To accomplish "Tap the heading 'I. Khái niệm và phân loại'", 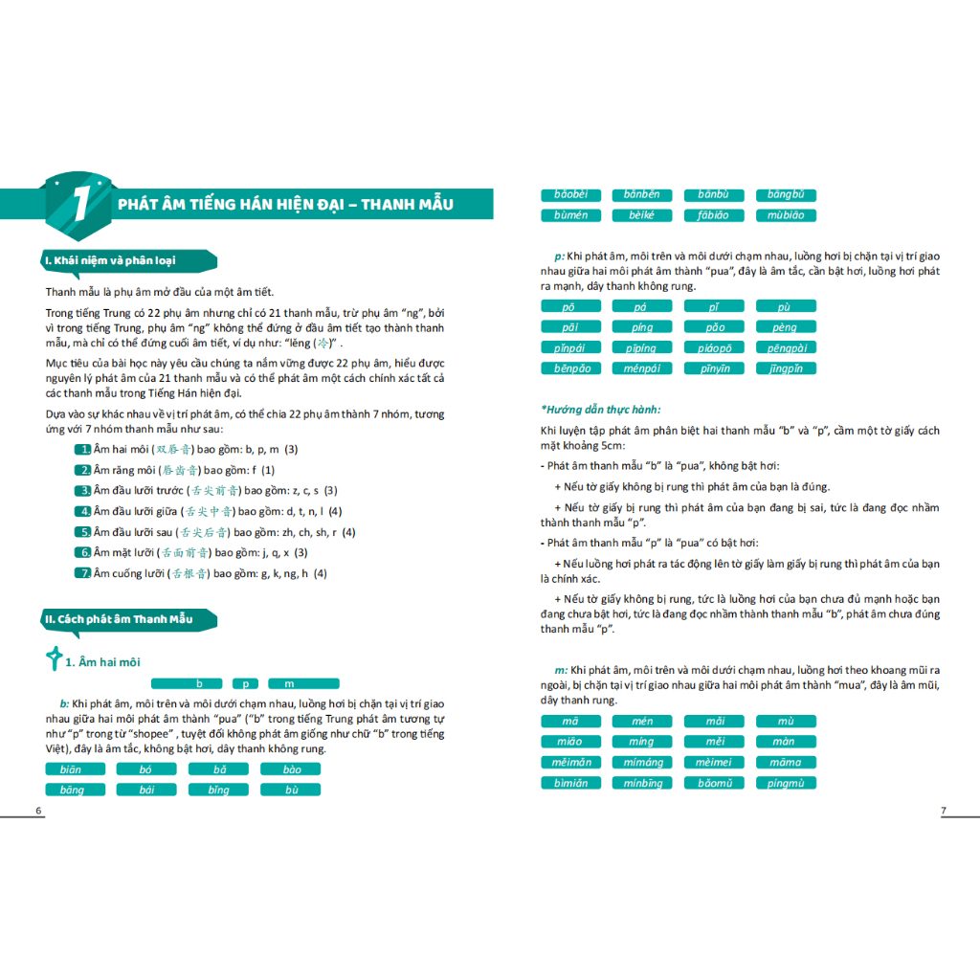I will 124,260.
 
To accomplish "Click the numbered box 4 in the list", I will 83,511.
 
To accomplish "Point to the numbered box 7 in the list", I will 83,573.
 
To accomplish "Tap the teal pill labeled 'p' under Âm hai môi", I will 246,683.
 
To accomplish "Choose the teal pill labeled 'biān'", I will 70,769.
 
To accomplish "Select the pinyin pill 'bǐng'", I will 218,790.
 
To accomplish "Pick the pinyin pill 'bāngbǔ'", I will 786,195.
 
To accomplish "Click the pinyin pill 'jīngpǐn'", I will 786,368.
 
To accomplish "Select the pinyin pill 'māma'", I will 786,763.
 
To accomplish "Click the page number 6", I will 38,811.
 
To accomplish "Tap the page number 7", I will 943,811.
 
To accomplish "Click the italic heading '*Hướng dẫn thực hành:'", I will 601,410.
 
